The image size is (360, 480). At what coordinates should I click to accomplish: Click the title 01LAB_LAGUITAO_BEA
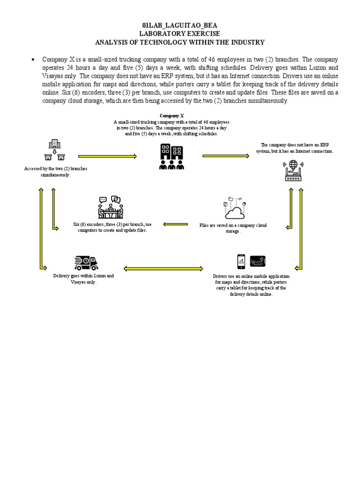180,25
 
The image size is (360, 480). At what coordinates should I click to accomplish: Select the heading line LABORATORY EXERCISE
180,34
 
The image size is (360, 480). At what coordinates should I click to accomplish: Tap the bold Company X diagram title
172,115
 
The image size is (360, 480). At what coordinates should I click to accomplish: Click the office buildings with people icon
172,157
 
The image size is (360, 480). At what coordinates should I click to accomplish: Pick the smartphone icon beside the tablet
241,261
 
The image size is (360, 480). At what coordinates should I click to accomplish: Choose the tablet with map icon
258,261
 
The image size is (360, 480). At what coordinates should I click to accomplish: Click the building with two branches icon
55,150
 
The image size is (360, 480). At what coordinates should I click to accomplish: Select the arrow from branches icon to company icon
107,157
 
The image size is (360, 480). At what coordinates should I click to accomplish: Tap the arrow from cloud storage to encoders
176,224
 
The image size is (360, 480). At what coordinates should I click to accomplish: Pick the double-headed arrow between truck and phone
163,269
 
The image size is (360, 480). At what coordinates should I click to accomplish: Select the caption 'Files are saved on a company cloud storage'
233,228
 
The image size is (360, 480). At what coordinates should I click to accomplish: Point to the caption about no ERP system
294,148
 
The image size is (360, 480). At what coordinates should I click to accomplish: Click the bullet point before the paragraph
33,60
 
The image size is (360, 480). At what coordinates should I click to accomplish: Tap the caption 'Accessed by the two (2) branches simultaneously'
56,172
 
